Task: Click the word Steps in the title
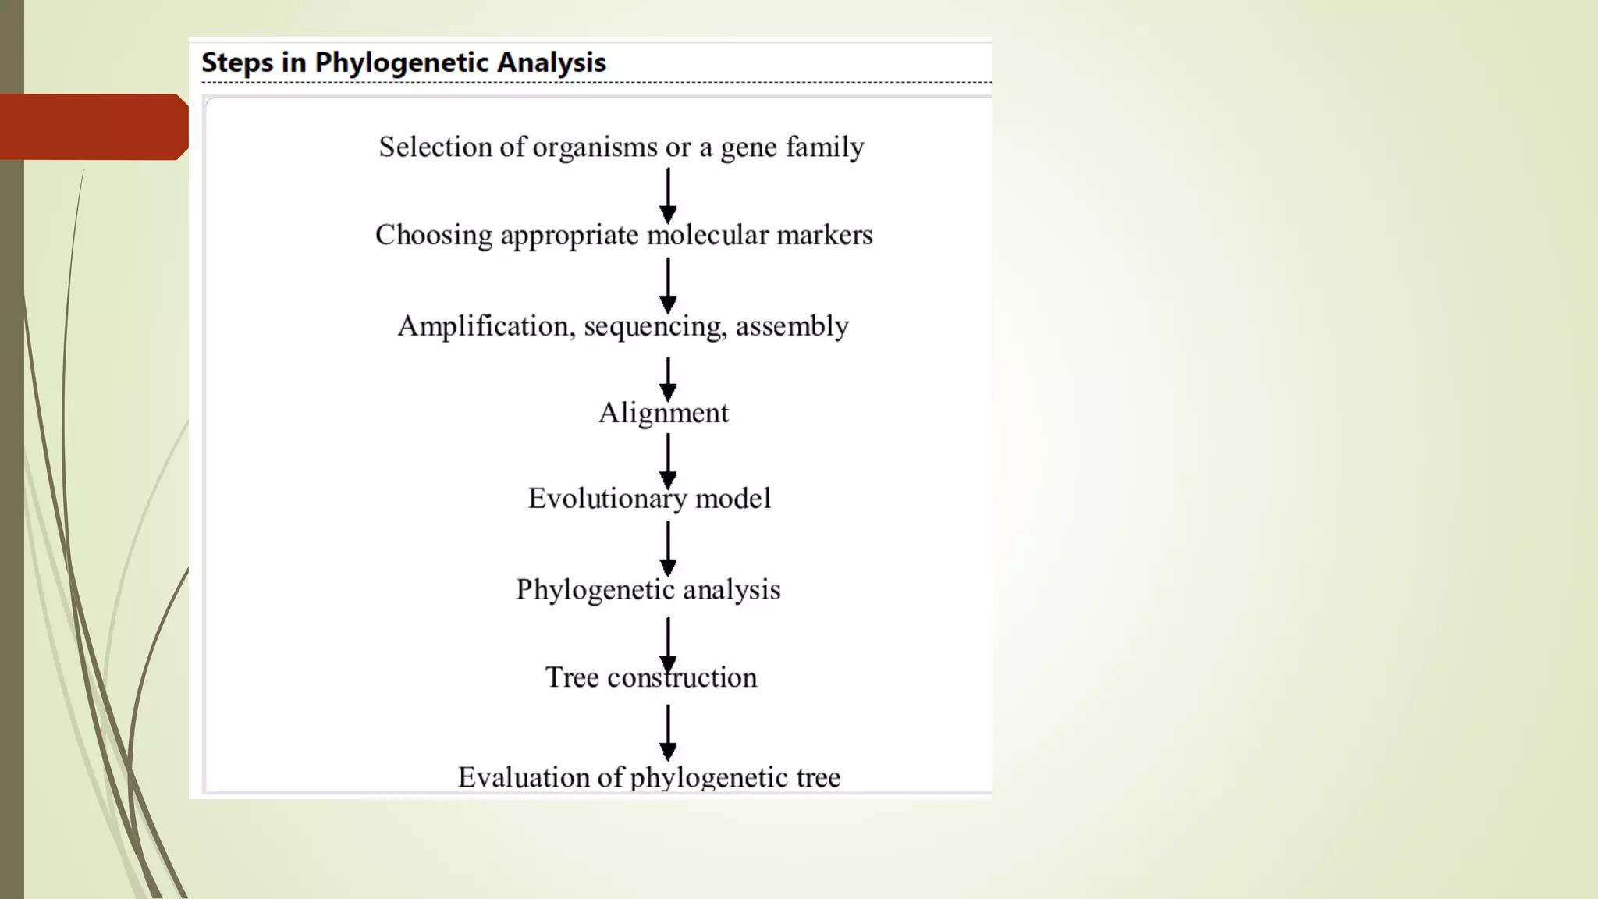237,63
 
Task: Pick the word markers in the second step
825,235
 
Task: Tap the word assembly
792,326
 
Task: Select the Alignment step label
663,413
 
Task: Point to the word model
733,499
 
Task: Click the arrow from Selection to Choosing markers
668,195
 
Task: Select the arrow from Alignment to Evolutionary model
668,460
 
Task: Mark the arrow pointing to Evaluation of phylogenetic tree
668,732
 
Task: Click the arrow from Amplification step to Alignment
668,378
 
